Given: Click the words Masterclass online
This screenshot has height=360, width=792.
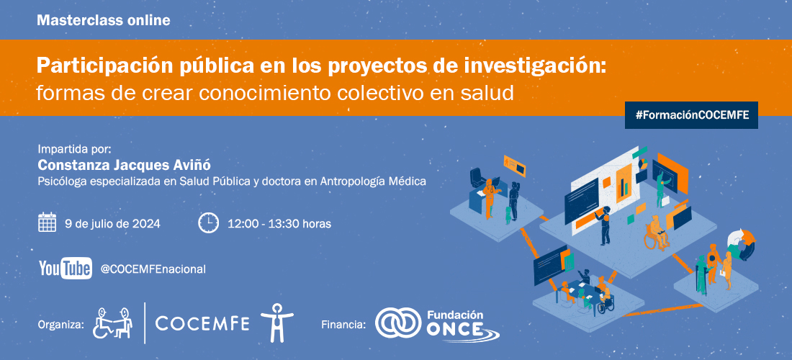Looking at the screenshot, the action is [x=104, y=21].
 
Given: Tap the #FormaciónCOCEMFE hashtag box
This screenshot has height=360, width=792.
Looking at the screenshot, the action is [x=691, y=115].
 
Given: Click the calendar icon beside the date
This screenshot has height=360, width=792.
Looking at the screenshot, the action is [x=47, y=222].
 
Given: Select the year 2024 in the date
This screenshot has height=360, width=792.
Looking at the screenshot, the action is [x=146, y=223].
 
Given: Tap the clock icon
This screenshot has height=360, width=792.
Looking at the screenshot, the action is [x=208, y=222].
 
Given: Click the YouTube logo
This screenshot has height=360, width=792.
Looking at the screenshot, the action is [x=66, y=268].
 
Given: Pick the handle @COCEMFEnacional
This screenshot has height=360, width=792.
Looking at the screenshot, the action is [x=153, y=269].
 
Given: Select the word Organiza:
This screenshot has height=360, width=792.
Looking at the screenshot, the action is [x=60, y=324].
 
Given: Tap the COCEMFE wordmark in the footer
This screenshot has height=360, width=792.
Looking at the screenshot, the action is [x=202, y=323].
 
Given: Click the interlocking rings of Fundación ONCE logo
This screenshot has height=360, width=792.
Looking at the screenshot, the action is [x=399, y=324].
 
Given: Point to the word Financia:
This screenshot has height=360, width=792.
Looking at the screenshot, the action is [x=343, y=324].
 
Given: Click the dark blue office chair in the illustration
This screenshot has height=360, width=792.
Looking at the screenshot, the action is [x=477, y=179].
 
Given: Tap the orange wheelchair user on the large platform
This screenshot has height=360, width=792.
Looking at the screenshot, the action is [x=656, y=233].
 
